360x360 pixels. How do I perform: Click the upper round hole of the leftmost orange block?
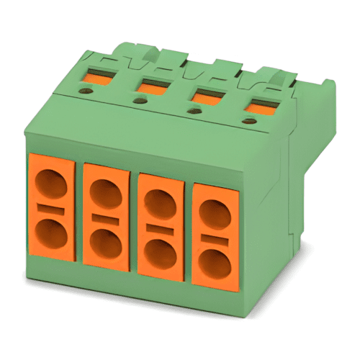click(x=51, y=187)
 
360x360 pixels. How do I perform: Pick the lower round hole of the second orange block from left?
click(x=106, y=241)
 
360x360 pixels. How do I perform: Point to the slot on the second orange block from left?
click(x=105, y=218)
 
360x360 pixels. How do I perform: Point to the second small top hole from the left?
click(x=139, y=102)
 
